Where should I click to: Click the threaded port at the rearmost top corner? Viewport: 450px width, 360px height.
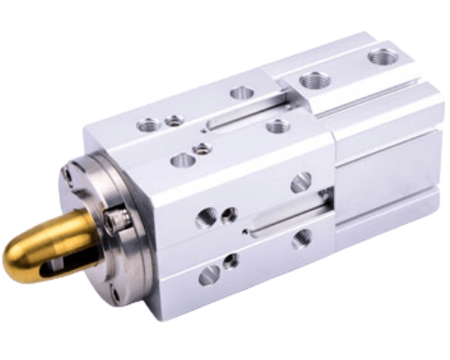[x=383, y=57]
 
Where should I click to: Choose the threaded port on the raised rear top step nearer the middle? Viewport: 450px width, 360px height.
[x=314, y=80]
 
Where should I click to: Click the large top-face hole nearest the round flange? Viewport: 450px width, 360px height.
[x=149, y=125]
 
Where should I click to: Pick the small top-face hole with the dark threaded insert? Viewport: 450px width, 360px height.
[x=202, y=148]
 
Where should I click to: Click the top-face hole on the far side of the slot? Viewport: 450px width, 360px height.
[x=241, y=92]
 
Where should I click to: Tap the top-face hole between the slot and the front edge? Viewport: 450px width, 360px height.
[x=278, y=126]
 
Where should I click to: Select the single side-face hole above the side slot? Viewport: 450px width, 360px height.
[x=301, y=182]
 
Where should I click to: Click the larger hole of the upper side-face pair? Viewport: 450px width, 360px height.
[x=210, y=217]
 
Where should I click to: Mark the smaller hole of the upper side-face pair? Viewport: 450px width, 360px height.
[x=229, y=215]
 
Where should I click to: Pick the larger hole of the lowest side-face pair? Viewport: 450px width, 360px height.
[x=209, y=275]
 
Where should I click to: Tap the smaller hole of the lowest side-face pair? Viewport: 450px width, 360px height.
[x=231, y=262]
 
